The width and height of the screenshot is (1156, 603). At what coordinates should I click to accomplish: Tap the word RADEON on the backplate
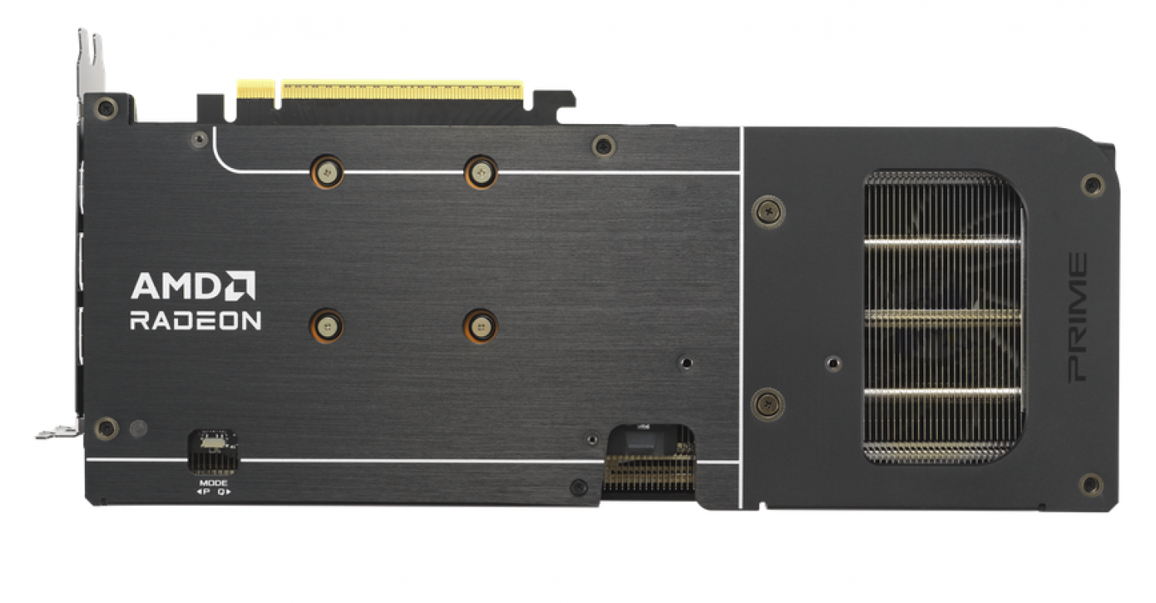coord(196,321)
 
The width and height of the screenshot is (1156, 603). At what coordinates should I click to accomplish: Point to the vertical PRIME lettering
coord(1077,318)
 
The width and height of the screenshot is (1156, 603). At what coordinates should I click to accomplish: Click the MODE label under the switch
coord(213,483)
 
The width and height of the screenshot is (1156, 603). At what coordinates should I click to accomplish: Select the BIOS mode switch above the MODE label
coord(213,443)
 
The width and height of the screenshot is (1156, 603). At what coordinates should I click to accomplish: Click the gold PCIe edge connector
coord(380,89)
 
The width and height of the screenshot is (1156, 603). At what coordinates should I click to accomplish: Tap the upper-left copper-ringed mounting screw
coord(328,172)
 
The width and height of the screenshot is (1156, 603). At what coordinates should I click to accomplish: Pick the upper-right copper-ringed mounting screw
coord(481,172)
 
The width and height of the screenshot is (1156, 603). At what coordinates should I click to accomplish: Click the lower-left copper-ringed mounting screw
coord(327,325)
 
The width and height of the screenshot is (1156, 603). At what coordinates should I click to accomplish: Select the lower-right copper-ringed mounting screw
coord(480,325)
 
